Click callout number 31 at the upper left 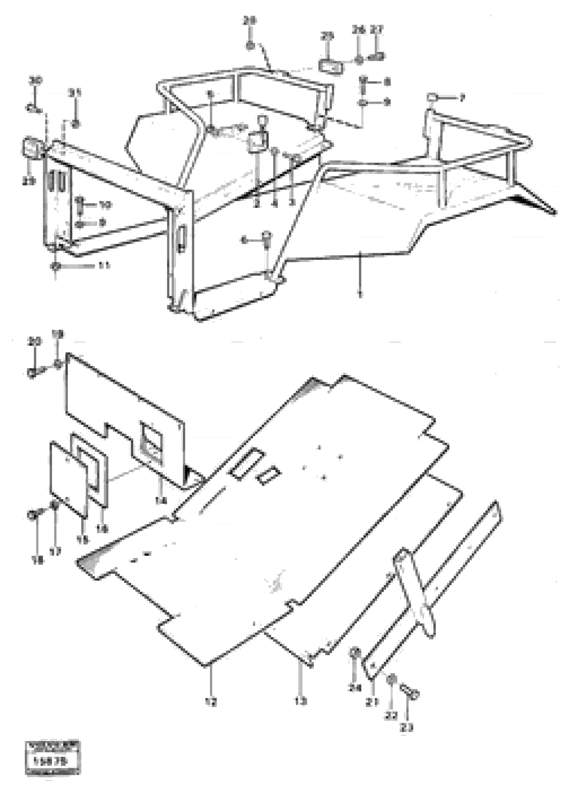(x=75, y=93)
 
